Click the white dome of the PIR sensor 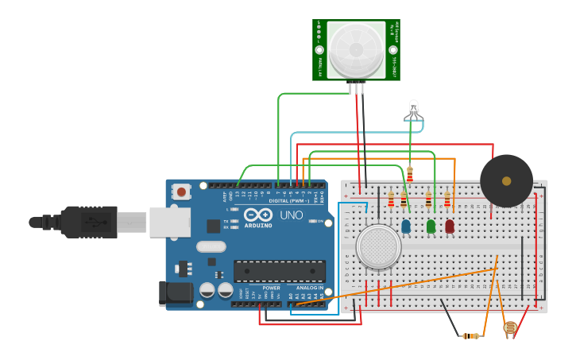[356, 49]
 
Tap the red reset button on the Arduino [182, 192]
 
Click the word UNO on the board [292, 215]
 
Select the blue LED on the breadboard [406, 226]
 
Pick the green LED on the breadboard [431, 226]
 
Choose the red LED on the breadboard [450, 226]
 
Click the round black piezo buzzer [506, 180]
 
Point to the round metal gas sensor [379, 246]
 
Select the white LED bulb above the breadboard [413, 110]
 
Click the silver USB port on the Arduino [169, 222]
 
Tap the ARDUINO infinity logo [258, 215]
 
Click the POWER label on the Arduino [271, 288]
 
